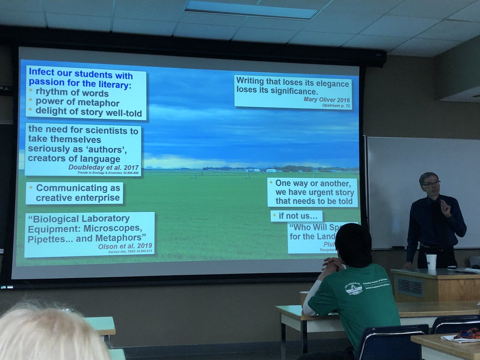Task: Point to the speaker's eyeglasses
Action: pos(431,183)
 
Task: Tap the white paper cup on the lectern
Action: pos(431,262)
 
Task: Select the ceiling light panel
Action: pos(252,10)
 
